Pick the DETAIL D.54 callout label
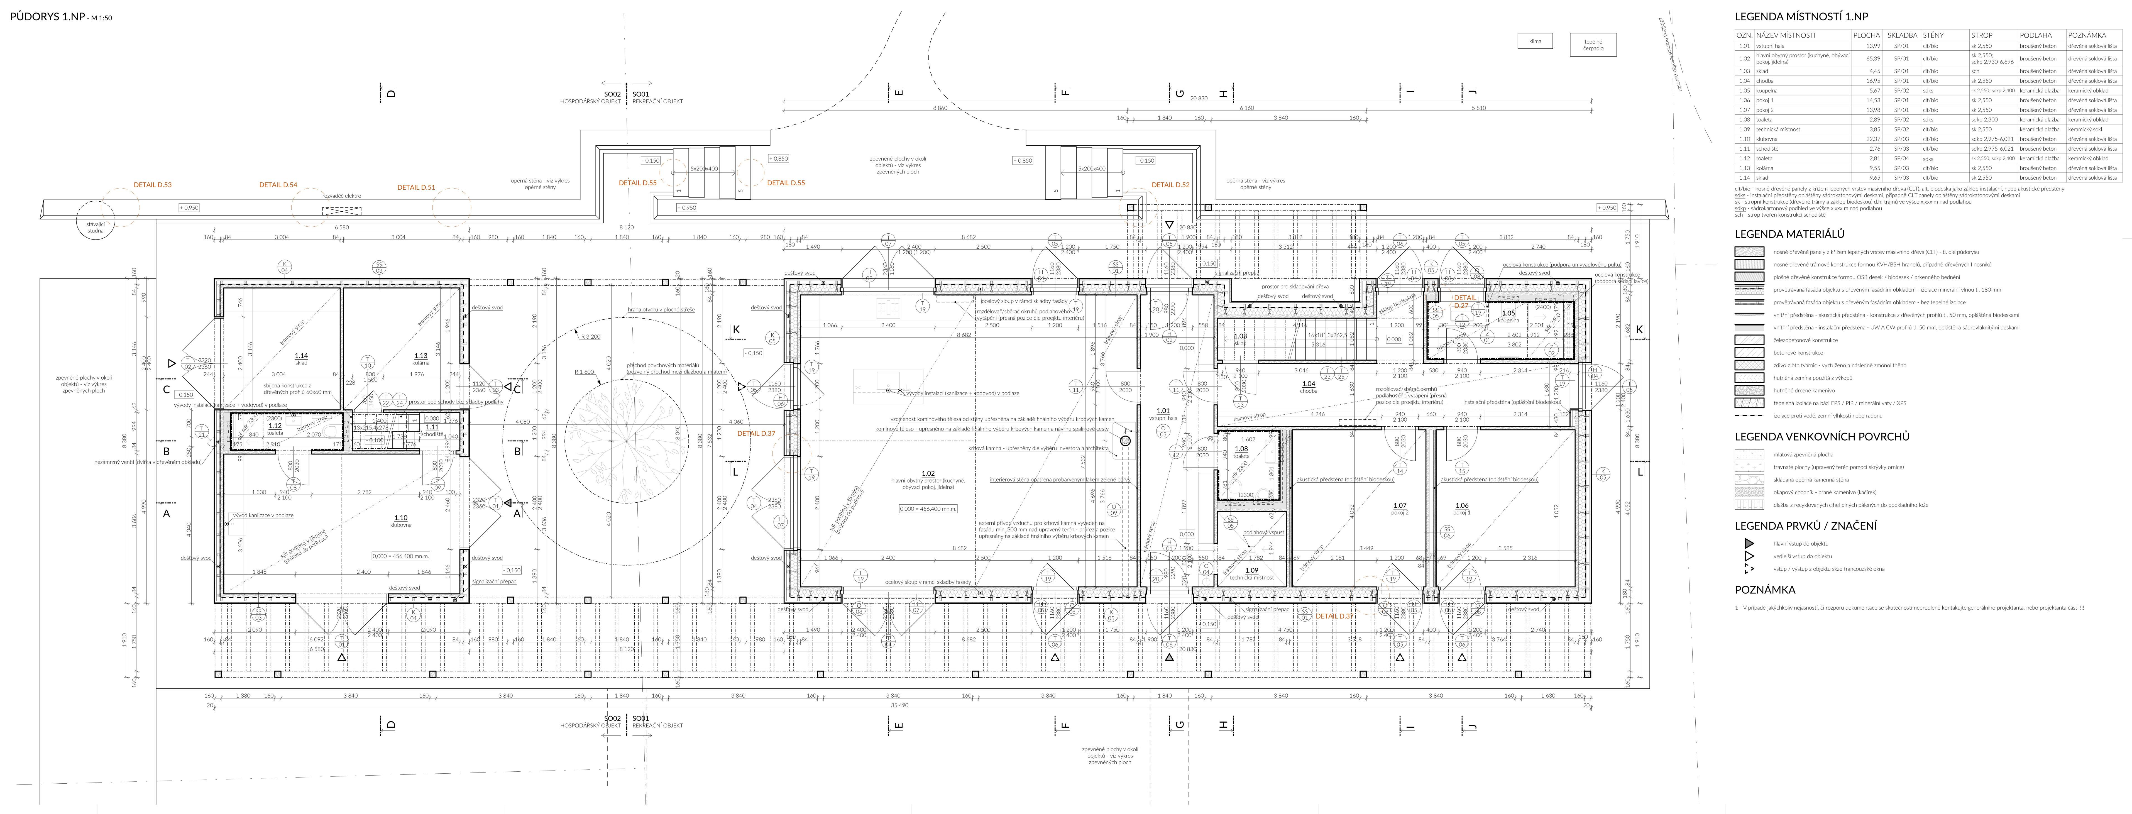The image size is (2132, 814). [x=278, y=185]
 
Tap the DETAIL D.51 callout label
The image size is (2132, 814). [x=416, y=187]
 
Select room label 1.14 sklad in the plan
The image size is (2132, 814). [x=301, y=359]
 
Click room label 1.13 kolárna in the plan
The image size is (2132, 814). [x=420, y=359]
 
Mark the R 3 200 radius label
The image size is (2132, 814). [x=590, y=337]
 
